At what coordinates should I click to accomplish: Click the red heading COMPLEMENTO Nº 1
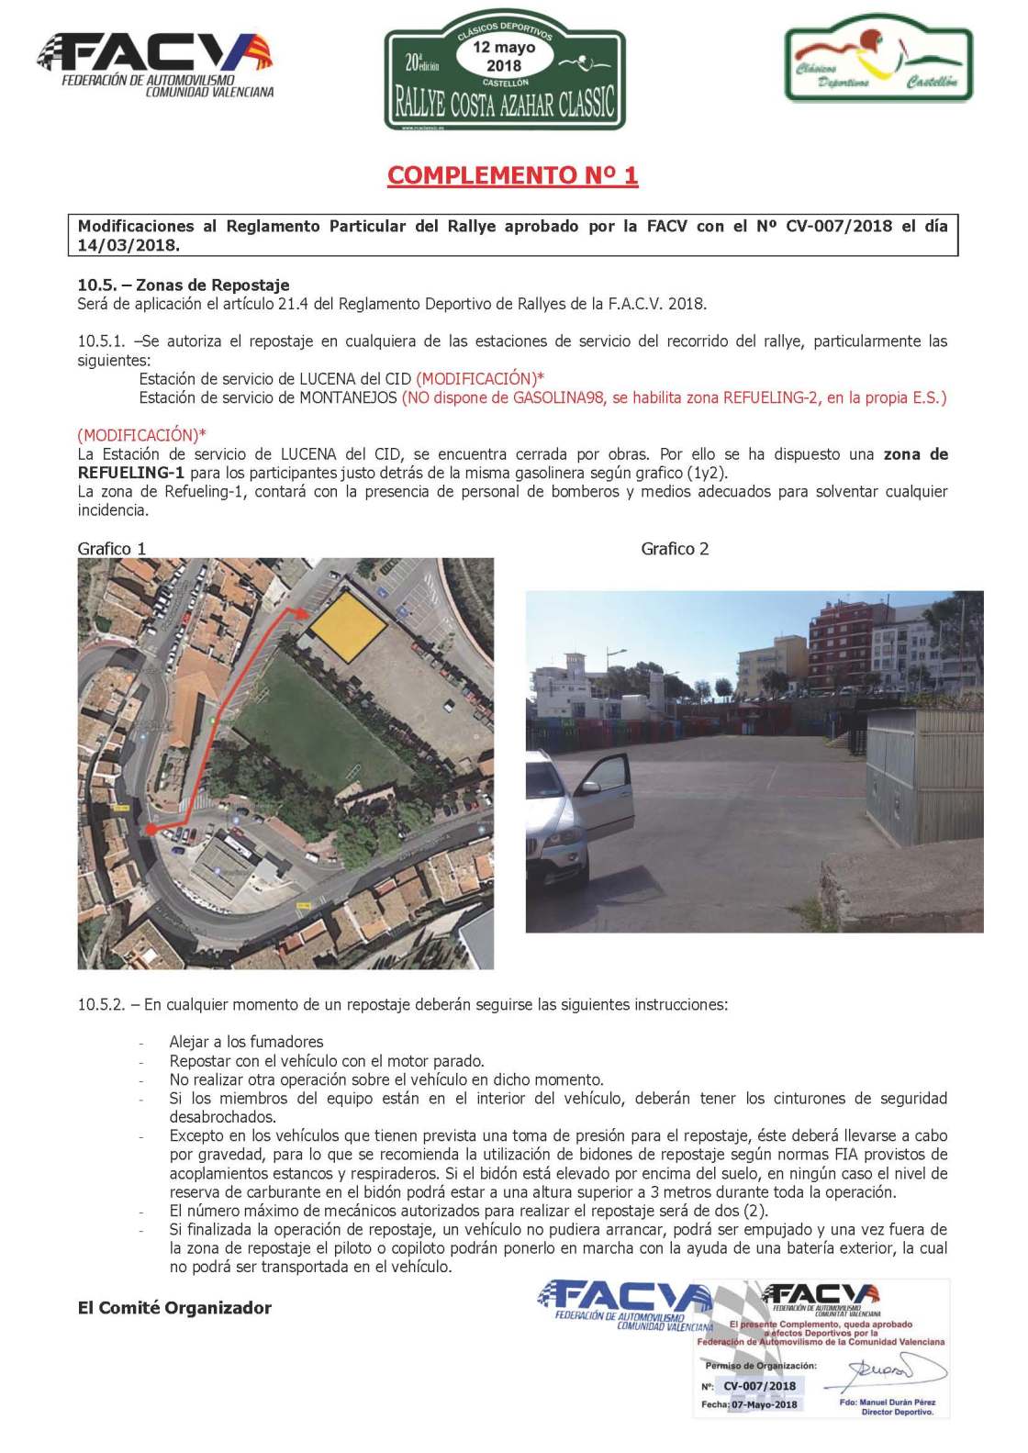point(512,175)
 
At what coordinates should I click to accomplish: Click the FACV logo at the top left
point(155,65)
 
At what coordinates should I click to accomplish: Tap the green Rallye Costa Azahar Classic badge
point(505,73)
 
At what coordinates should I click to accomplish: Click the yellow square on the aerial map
point(347,627)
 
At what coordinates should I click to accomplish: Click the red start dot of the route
point(151,830)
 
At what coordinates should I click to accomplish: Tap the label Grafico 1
point(112,549)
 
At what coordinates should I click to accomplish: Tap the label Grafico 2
point(675,549)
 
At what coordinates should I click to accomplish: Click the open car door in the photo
point(606,799)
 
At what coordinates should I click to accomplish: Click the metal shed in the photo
point(922,776)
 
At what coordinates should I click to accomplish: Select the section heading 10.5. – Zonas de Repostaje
point(184,285)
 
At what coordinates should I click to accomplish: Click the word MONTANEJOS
point(349,398)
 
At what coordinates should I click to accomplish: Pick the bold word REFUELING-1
point(130,474)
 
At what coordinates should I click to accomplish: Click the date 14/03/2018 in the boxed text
point(128,246)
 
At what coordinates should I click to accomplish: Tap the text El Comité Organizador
point(174,1308)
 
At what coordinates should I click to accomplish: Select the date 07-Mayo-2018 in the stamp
point(764,1404)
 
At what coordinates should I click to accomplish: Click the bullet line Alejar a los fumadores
point(246,1042)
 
